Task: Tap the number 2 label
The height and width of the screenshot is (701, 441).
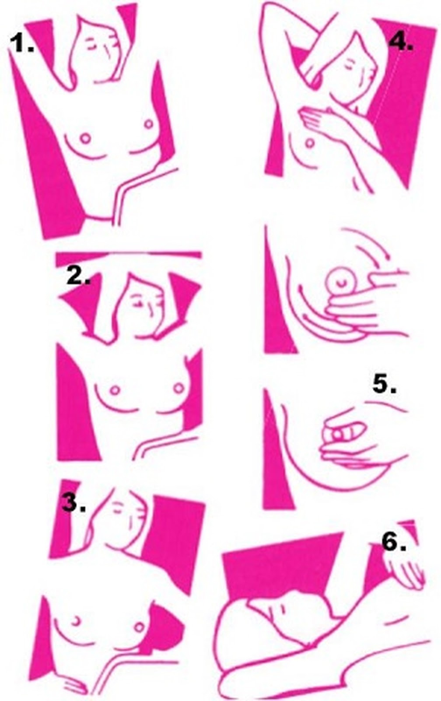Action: click(x=78, y=276)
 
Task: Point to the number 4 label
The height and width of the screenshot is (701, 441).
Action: click(x=401, y=41)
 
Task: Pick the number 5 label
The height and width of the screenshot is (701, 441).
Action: click(x=385, y=384)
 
